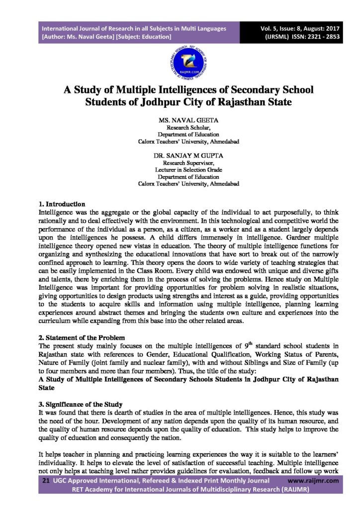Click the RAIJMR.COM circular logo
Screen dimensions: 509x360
coord(180,62)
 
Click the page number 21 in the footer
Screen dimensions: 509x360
coord(46,481)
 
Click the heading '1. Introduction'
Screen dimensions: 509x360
coord(62,204)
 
